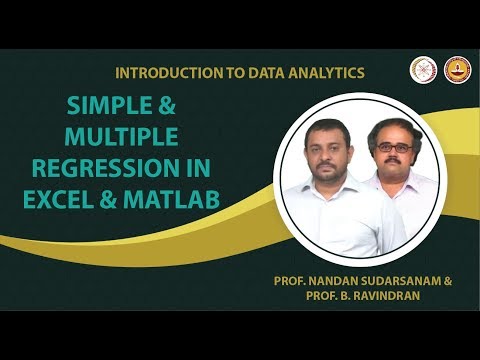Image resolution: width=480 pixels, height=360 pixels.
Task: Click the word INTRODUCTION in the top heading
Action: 163,73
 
